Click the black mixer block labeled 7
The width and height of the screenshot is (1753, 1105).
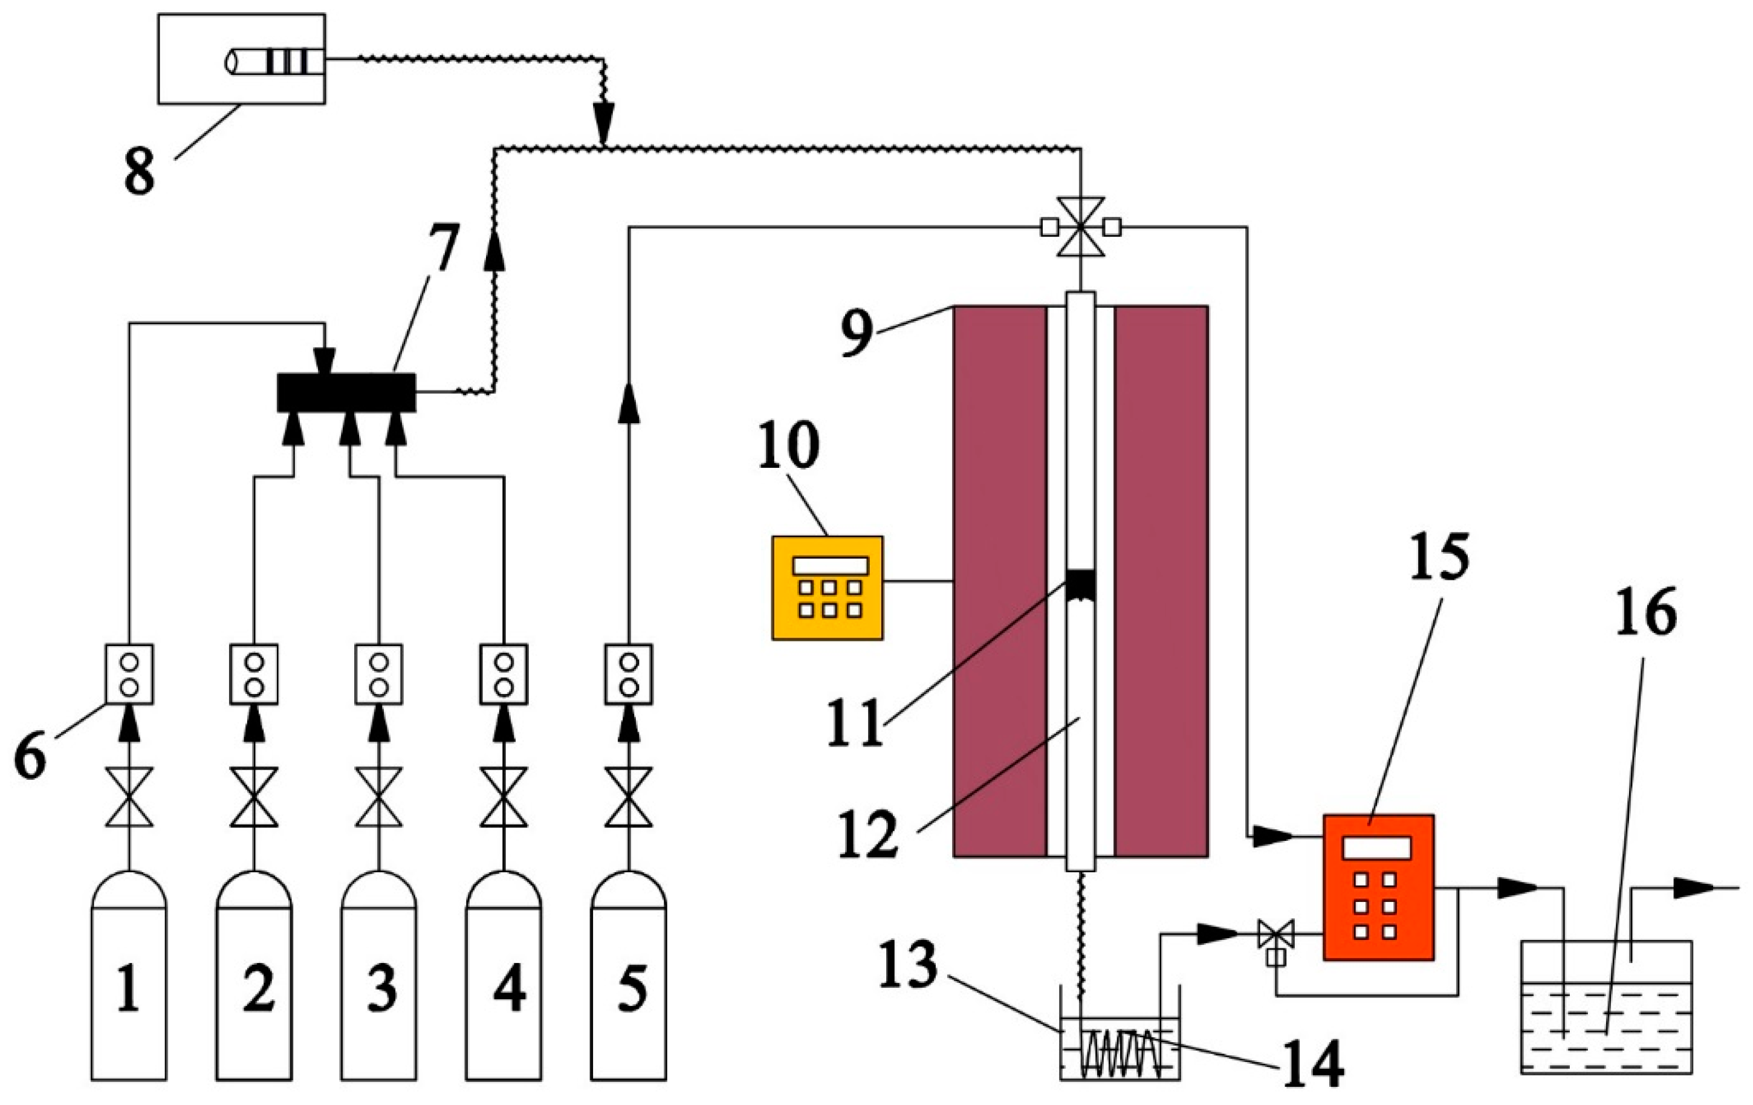click(x=346, y=392)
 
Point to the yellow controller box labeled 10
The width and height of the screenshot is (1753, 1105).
click(x=828, y=588)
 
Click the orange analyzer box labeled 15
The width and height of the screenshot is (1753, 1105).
click(x=1378, y=887)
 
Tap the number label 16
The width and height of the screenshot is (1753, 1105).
click(x=1647, y=612)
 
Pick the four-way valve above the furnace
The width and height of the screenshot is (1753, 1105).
click(x=1081, y=227)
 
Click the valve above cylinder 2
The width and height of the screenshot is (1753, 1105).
click(x=254, y=796)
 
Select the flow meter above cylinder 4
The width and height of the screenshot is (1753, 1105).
click(x=504, y=674)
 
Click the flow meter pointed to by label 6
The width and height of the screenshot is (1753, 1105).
click(x=129, y=674)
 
